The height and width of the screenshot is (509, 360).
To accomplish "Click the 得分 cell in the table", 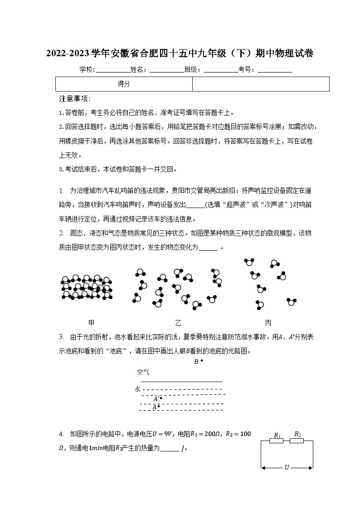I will (x=124, y=84).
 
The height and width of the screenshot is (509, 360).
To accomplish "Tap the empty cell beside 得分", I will (x=261, y=84).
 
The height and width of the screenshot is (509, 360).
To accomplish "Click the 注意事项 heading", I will (x=75, y=99).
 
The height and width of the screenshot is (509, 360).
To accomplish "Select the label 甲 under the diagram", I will (x=91, y=323).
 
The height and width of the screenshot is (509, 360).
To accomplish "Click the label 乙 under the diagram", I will (x=178, y=323).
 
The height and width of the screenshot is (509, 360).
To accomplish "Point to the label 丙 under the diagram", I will (x=268, y=323).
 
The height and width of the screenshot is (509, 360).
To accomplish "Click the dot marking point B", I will (x=202, y=361).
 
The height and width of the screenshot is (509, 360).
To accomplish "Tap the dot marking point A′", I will (x=161, y=398).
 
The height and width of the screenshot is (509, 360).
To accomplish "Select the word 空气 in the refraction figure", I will (x=143, y=373).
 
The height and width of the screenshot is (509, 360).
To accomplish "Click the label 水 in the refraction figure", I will (x=137, y=389).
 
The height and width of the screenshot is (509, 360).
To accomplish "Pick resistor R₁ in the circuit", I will (x=277, y=441).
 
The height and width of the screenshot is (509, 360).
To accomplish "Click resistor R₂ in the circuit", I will (x=297, y=440).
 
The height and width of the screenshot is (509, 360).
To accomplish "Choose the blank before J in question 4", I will (x=170, y=449).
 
